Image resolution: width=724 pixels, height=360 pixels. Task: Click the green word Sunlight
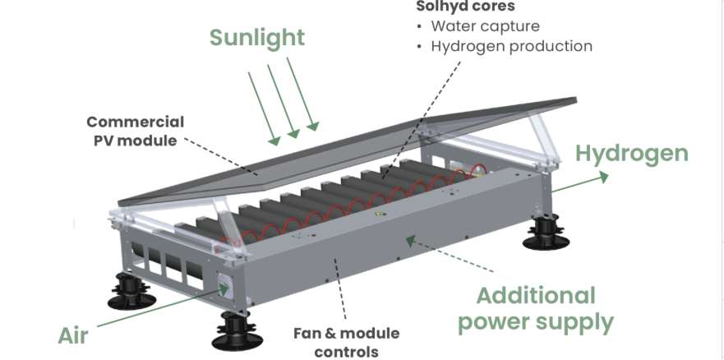click(x=256, y=38)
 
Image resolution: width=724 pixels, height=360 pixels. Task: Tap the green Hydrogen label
click(x=631, y=154)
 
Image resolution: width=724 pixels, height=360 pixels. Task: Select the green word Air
click(x=73, y=335)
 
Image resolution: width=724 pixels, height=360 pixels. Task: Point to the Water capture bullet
click(x=485, y=26)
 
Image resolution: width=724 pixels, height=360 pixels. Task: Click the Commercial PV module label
click(x=135, y=131)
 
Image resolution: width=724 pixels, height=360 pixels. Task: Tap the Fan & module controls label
click(x=347, y=342)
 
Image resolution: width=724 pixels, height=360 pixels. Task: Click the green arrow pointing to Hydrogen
click(x=579, y=182)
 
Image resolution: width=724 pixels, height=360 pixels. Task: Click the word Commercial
click(x=135, y=122)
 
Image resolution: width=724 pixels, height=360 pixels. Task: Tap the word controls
click(x=347, y=351)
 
